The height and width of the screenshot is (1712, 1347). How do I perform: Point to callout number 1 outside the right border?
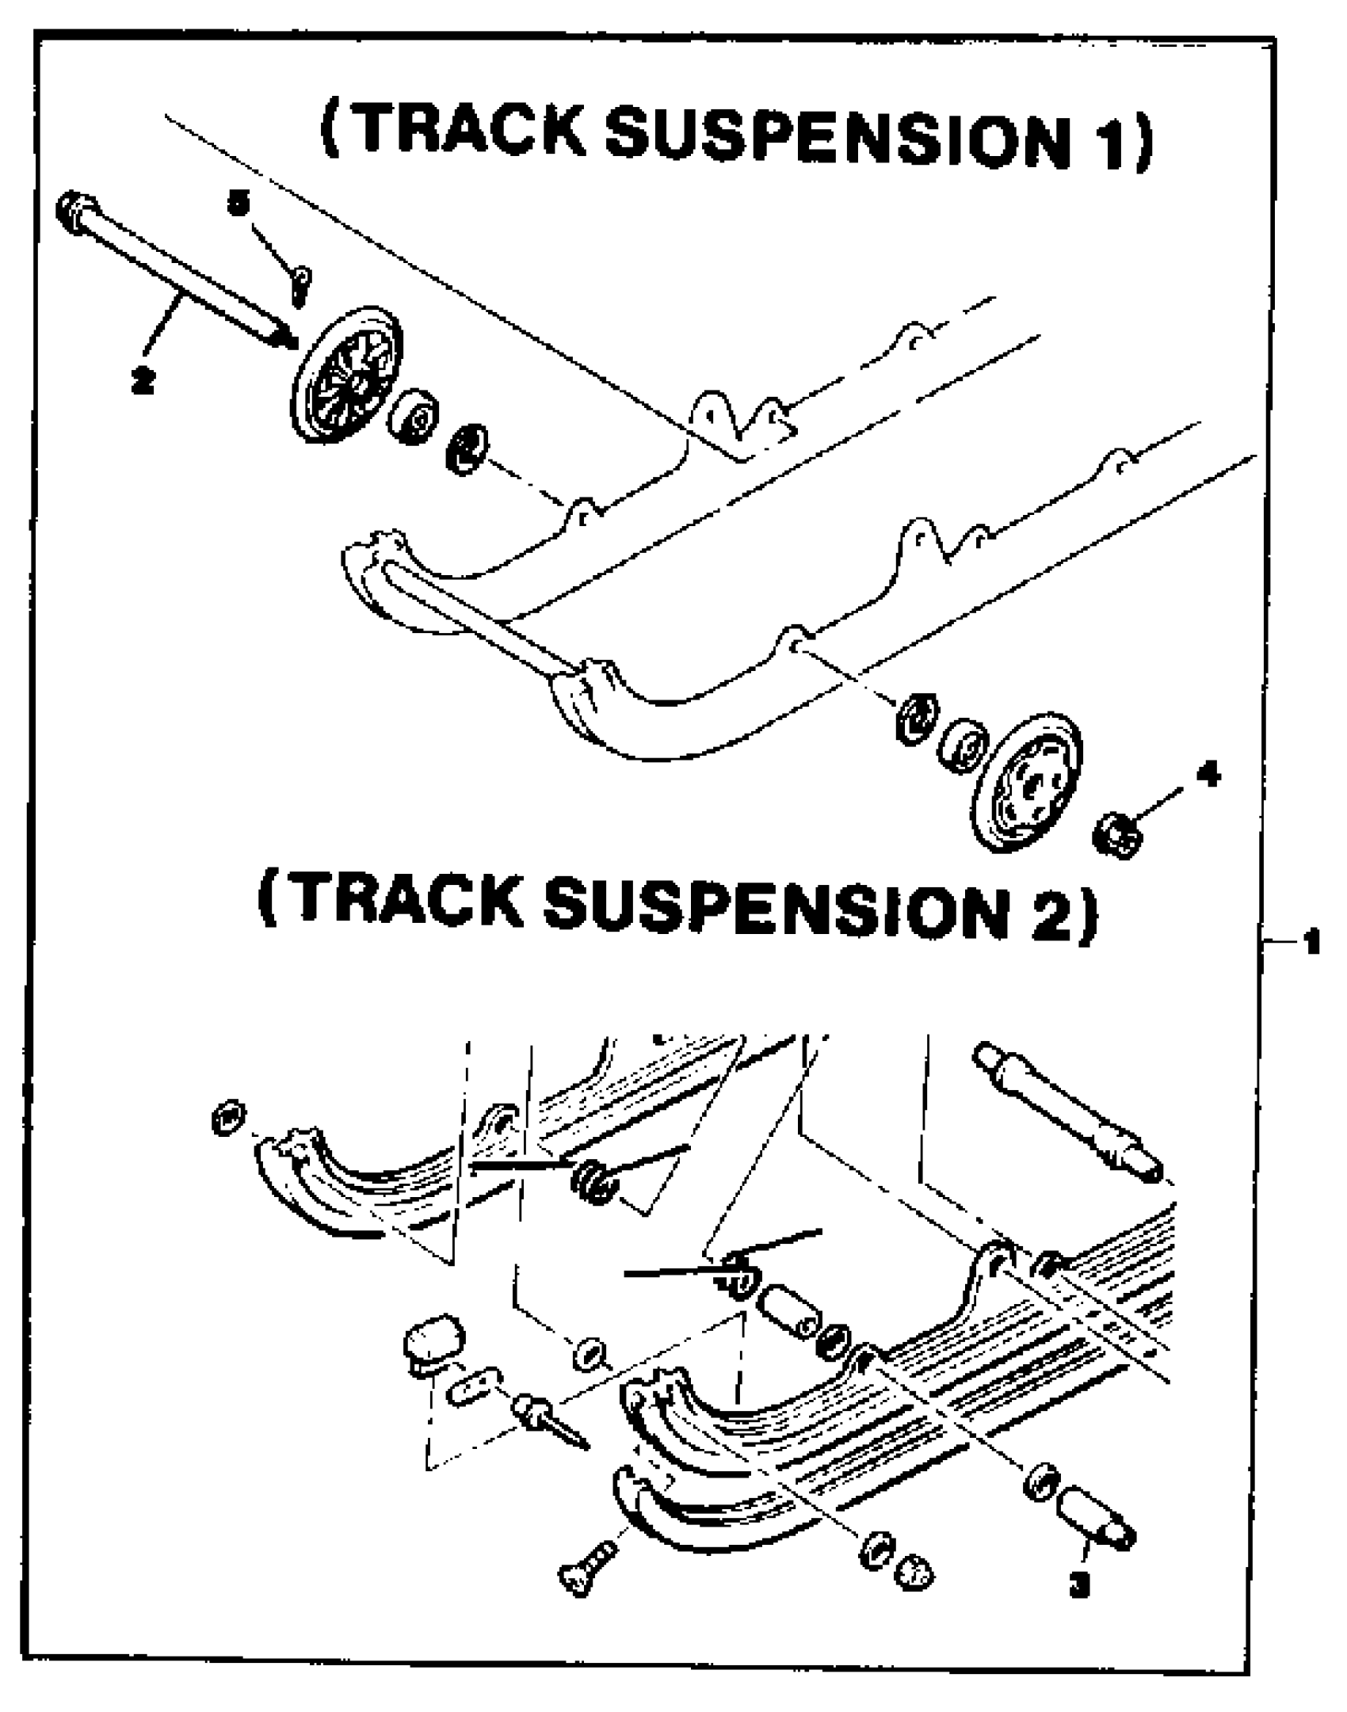tap(1311, 941)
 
